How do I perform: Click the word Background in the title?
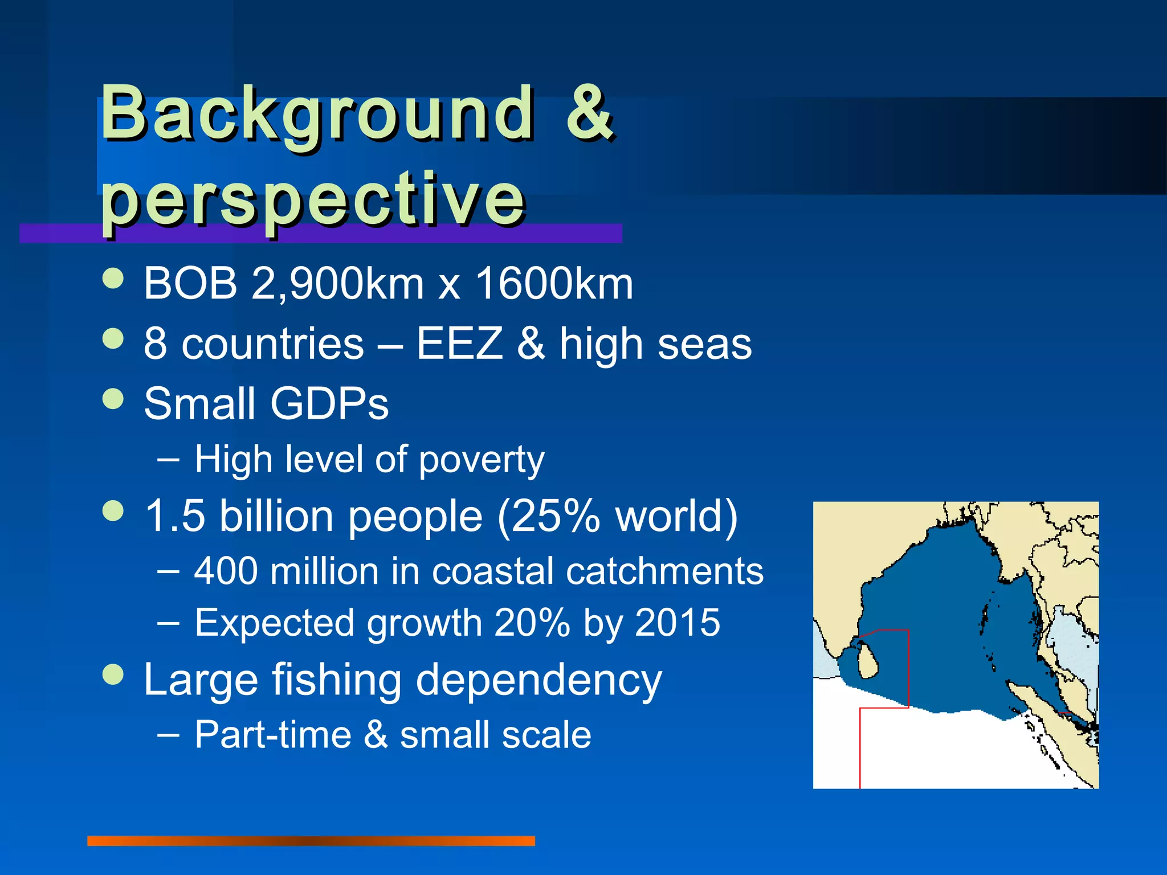pos(317,114)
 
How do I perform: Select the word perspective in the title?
pos(313,199)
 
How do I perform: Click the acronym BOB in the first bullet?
pos(190,283)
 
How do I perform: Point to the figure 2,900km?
pos(337,283)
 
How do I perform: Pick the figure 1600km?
pos(554,283)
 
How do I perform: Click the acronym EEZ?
pos(459,344)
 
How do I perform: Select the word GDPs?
pos(329,404)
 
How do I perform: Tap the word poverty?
pos(482,460)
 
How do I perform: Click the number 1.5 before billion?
pos(175,516)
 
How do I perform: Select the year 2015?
pos(678,623)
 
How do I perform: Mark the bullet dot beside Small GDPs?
pos(113,399)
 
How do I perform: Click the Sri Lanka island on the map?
pos(867,661)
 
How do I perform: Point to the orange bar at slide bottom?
pos(311,841)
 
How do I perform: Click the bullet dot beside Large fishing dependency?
pos(113,674)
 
